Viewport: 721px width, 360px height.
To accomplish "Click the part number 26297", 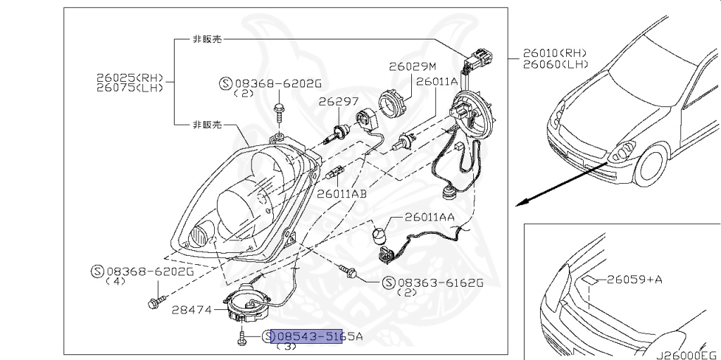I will pos(338,101).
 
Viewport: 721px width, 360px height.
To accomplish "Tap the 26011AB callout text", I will pos(341,193).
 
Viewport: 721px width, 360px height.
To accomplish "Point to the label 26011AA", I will pos(429,219).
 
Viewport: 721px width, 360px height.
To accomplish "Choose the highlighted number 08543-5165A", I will pos(316,337).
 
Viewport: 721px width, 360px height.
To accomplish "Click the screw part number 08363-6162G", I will pos(441,283).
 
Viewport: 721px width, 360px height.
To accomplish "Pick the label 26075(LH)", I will pos(130,88).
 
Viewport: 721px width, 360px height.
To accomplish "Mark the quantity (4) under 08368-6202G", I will pos(115,281).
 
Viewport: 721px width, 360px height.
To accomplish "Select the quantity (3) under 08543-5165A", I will pos(287,347).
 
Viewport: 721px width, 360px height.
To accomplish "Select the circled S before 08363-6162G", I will pos(388,283).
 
